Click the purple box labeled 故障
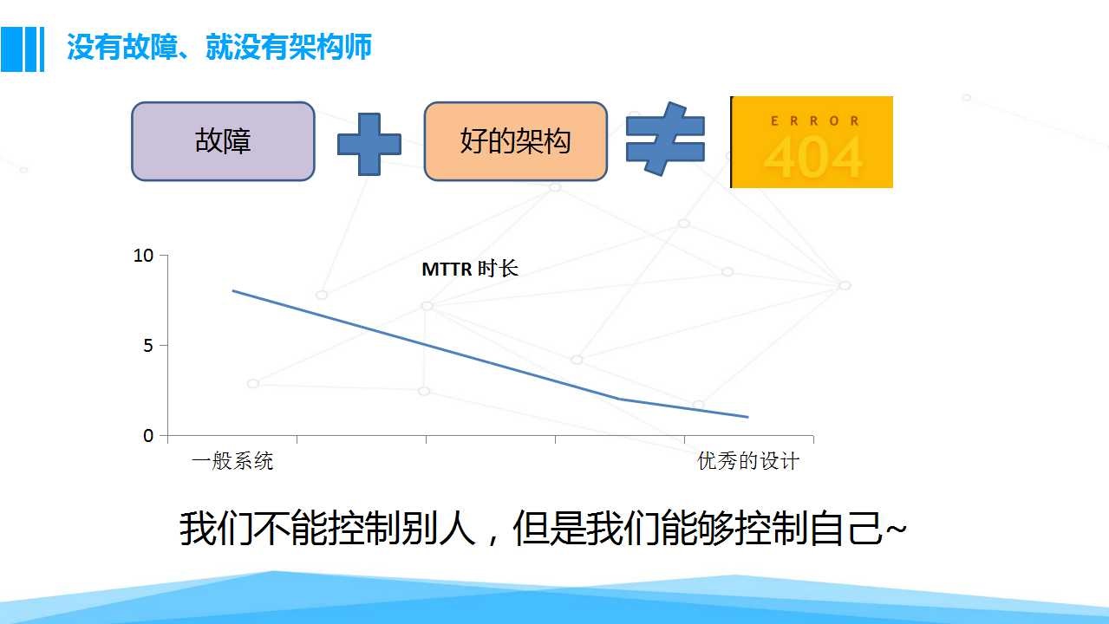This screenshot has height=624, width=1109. coord(223,141)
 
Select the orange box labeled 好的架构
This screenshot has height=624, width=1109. coord(515,141)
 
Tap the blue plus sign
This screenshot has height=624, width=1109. coord(369,144)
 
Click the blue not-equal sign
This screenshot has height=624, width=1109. coord(665,139)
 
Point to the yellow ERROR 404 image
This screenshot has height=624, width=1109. coord(812,142)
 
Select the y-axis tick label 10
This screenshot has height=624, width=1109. coord(144,256)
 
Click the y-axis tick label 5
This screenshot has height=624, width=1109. coord(148,346)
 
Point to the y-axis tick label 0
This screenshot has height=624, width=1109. coord(148,435)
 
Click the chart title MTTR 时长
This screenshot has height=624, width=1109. coord(470,269)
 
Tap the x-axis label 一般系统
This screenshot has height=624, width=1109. coord(232,461)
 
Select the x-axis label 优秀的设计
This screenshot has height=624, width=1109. coord(748,461)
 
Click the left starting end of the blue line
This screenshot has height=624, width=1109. coord(233,291)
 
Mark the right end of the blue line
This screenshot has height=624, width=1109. coord(747,417)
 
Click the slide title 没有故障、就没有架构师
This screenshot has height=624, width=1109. coord(219,47)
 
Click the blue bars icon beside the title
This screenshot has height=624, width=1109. coord(23,49)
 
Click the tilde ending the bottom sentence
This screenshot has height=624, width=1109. coord(896,529)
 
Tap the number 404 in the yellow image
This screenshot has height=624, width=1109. coord(813,157)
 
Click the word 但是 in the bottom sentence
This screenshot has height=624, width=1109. coord(549,529)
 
